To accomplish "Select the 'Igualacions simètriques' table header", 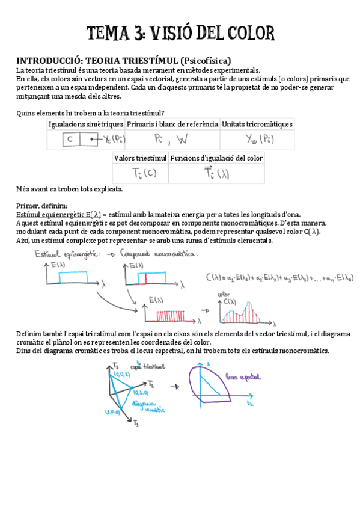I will point(86,124).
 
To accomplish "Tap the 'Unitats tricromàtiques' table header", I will point(257,124).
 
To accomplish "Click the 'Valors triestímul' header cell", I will point(141,158).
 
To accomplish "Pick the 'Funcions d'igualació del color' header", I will point(216,158).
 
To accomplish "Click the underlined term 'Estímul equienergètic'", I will point(50,215).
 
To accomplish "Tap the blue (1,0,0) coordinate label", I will point(112,413).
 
